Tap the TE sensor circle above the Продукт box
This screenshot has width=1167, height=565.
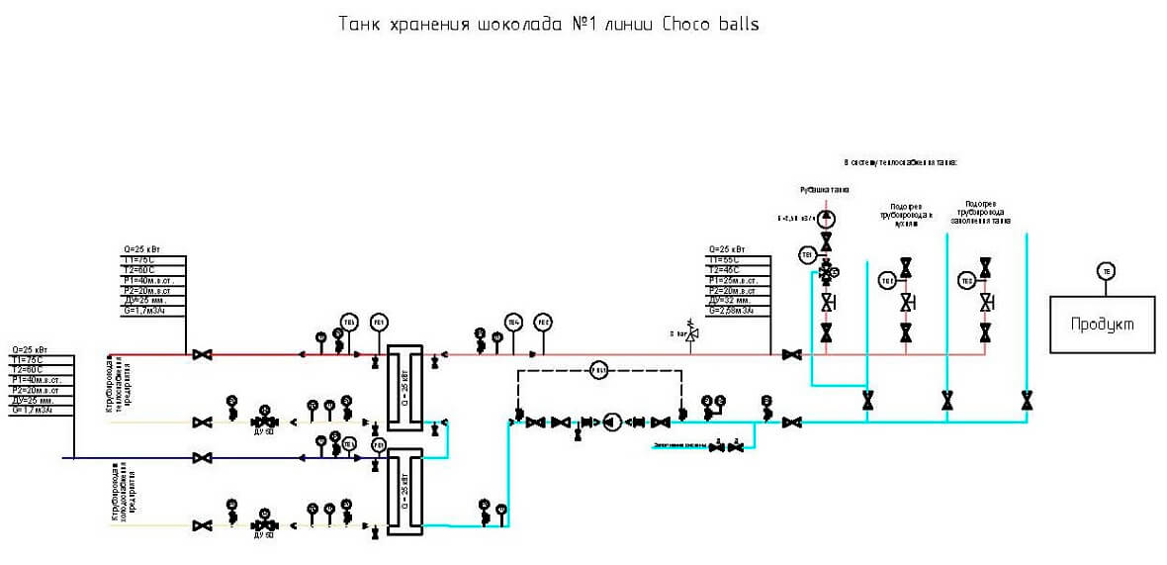point(1106,271)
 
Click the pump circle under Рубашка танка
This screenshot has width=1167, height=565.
point(827,218)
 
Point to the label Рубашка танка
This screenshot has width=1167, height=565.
point(824,189)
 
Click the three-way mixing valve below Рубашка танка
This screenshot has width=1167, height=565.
point(827,269)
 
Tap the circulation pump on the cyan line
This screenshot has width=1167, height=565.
point(612,423)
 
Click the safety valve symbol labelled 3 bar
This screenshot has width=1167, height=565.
point(692,335)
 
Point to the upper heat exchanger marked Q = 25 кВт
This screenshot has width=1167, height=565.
point(404,387)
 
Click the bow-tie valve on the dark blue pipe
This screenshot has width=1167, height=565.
point(204,457)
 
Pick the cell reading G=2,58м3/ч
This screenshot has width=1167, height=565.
point(731,311)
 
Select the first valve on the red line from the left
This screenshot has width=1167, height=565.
point(204,354)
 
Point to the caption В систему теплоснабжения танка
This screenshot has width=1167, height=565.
point(901,161)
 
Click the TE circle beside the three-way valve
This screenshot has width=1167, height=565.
point(806,255)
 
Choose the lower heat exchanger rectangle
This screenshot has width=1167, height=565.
point(404,492)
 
